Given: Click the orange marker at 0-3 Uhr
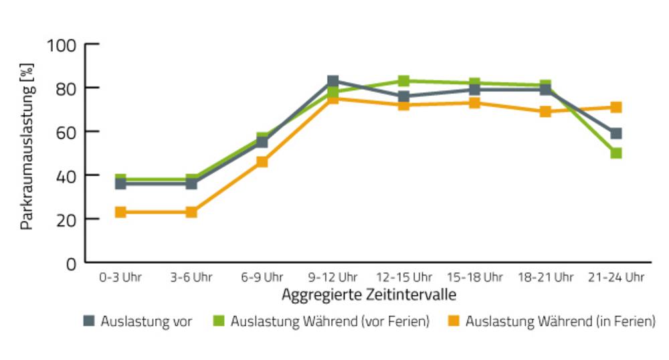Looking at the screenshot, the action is [x=120, y=212].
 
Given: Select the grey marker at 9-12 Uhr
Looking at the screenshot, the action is [x=332, y=81].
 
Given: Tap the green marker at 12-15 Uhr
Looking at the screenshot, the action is [x=403, y=80].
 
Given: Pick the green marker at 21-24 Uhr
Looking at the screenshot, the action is [x=615, y=153].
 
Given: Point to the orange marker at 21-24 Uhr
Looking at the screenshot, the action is [x=615, y=107].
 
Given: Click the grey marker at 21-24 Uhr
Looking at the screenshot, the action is [x=615, y=133].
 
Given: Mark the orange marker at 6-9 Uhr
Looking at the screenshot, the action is [x=262, y=162].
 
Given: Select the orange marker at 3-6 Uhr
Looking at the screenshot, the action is [x=191, y=212].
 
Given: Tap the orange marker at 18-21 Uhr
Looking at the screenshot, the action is [x=545, y=111].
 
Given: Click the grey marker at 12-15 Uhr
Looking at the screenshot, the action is [x=403, y=96].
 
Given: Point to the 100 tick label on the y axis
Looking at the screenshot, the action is [x=62, y=46].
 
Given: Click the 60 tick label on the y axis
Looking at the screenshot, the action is [x=66, y=132].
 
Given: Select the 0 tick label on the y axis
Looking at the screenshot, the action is [x=72, y=264].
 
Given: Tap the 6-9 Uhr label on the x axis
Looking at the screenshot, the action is [x=262, y=277].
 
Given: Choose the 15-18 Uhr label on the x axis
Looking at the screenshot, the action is [x=474, y=277].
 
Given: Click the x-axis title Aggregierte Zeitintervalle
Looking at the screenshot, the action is [x=369, y=294].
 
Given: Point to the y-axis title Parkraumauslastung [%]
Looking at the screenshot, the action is [x=27, y=147].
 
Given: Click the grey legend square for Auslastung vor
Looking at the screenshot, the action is [x=89, y=321].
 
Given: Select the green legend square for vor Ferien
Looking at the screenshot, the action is [x=219, y=321].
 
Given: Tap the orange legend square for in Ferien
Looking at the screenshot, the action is [x=454, y=321].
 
